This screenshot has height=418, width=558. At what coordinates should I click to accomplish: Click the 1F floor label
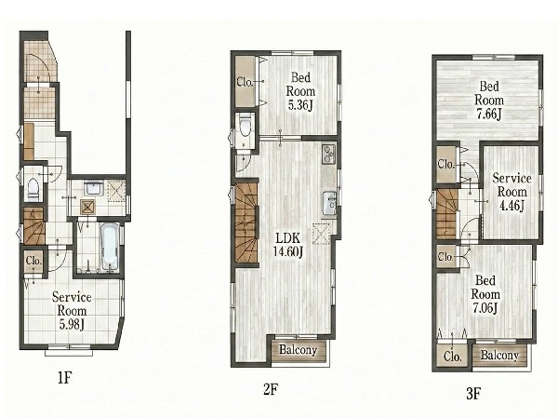[x=65, y=377]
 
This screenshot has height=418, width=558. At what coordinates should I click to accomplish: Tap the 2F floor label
[x=270, y=390]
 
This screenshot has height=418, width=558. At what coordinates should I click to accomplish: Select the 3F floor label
[x=473, y=394]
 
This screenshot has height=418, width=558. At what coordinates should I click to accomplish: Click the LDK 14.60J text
[x=288, y=245]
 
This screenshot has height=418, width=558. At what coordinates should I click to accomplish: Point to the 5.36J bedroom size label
[x=300, y=106]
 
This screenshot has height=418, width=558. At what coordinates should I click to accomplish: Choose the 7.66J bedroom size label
[x=489, y=115]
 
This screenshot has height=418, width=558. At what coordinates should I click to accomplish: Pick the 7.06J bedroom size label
[x=485, y=307]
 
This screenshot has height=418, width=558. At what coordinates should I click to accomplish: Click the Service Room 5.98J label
[x=72, y=310]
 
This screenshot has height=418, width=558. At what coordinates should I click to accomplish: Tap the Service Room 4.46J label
[x=511, y=192]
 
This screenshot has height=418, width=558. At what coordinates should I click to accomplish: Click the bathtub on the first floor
[x=109, y=247]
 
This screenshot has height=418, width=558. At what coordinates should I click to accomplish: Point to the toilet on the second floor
[x=245, y=127]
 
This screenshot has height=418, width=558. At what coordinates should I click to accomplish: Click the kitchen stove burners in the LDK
[x=328, y=154]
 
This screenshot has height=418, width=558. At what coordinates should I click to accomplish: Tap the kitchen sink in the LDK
[x=329, y=204]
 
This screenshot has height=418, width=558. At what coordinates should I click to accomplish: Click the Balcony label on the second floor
[x=299, y=350]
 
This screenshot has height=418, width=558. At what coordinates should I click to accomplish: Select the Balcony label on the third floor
[x=499, y=355]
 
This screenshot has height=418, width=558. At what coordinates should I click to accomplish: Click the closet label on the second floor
[x=245, y=82]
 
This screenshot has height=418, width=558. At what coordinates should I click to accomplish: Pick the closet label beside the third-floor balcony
[x=452, y=356]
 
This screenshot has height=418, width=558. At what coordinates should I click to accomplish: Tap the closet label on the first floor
[x=34, y=261]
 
